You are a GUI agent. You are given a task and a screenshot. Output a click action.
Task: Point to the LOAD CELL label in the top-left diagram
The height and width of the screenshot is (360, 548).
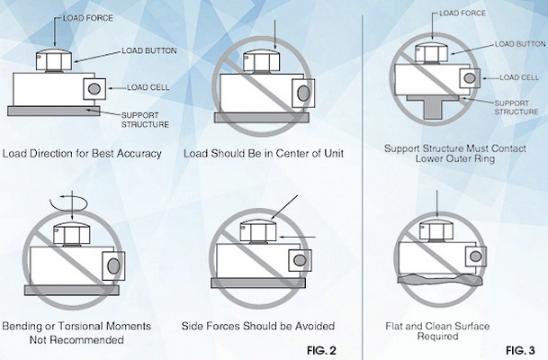pyautogui.click(x=131, y=87)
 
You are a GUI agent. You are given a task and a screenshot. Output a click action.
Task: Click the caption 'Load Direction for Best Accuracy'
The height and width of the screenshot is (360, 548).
pyautogui.click(x=82, y=153)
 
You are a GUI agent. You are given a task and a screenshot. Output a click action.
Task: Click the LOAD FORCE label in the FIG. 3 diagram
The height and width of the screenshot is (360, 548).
pyautogui.click(x=465, y=14)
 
